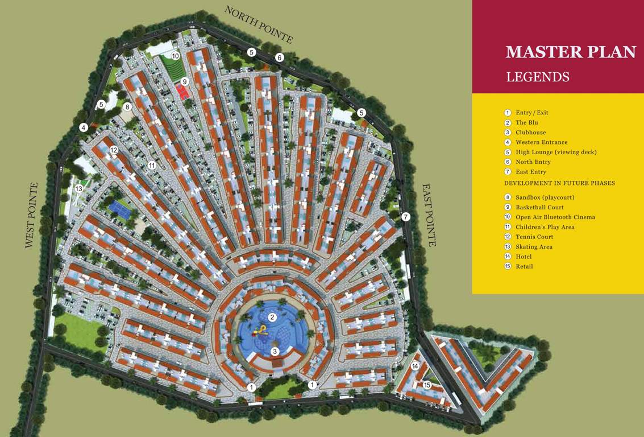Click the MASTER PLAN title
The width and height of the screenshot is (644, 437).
571,52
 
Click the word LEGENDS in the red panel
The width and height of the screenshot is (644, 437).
537,77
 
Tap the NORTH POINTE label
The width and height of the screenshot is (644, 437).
259,24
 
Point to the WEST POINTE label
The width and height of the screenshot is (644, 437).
31,215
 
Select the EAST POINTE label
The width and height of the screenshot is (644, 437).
429,215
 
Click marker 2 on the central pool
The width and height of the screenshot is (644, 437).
272,318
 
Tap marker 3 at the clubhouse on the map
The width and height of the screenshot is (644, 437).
275,351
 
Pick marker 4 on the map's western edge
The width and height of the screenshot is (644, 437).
84,127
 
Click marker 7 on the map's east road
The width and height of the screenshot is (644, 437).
405,217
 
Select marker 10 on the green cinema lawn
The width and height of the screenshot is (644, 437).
176,56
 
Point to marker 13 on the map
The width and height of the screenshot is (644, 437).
79,188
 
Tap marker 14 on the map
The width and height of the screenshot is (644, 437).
415,366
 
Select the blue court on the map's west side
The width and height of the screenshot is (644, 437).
121,209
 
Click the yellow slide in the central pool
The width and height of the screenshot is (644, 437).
262,330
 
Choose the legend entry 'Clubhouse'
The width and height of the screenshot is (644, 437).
530,133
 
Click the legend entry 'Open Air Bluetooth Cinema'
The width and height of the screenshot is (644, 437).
555,217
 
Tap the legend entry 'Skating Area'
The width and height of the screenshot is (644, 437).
534,247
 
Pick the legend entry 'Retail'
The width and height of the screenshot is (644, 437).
524,266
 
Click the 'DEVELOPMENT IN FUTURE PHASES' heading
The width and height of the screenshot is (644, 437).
559,183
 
